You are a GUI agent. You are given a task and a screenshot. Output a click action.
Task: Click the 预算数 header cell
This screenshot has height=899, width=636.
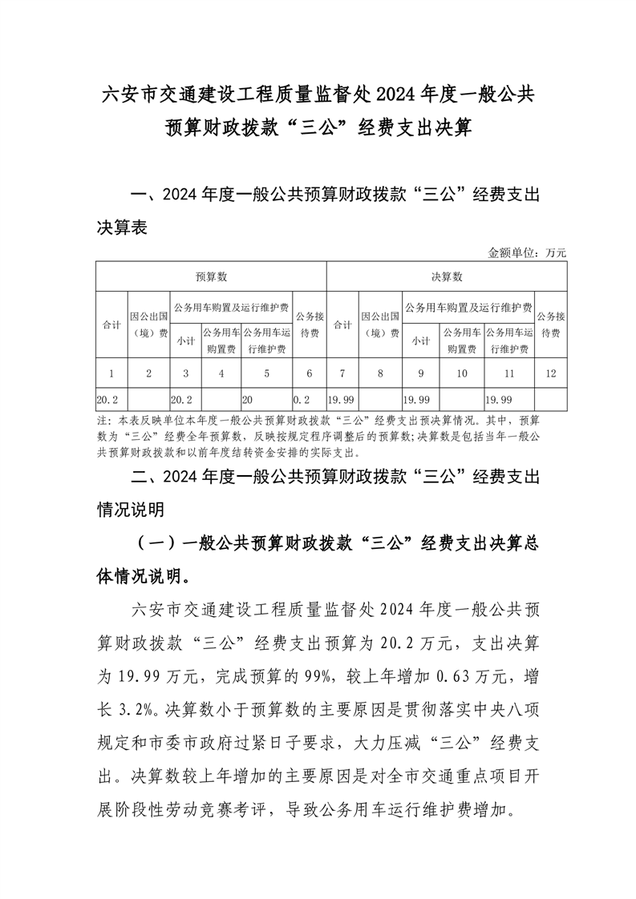pyautogui.click(x=212, y=276)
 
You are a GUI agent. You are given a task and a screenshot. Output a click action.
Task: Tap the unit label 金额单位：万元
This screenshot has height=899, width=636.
pyautogui.click(x=527, y=252)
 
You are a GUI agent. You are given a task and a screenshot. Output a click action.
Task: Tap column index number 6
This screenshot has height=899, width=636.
pyautogui.click(x=310, y=373)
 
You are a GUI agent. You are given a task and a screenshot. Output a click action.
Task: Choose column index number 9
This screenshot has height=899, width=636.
pyautogui.click(x=421, y=373)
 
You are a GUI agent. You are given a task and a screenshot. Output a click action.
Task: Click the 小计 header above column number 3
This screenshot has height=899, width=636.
pyautogui.click(x=185, y=341)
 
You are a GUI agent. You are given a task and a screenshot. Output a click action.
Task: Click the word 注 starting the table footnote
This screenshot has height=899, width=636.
pyautogui.click(x=101, y=420)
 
